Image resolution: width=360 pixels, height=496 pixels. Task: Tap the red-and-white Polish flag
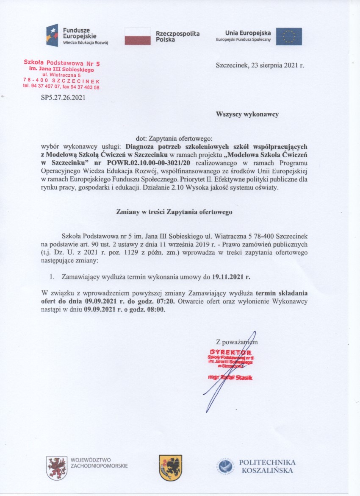(x=138, y=36)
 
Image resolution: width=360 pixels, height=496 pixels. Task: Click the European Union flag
(x=289, y=36)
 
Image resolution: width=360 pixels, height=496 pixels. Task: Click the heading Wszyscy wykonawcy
(x=247, y=114)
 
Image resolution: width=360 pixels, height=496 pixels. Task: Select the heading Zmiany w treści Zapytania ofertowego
(x=174, y=212)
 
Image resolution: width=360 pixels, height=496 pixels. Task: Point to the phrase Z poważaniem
(x=236, y=342)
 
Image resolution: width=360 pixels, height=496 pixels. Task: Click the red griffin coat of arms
(x=57, y=468)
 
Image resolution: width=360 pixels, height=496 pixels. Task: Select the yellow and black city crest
(x=171, y=468)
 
